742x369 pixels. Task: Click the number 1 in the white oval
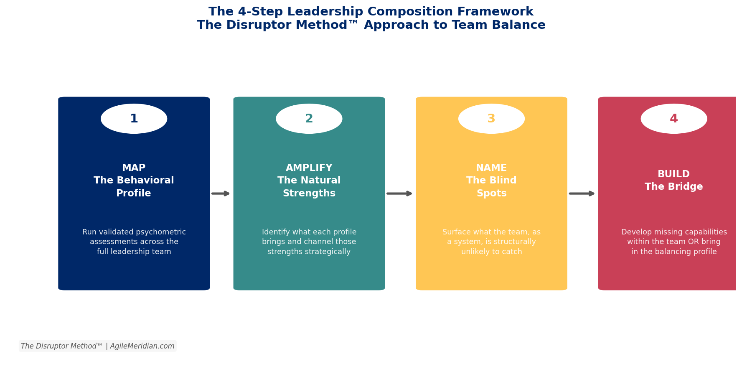(134, 119)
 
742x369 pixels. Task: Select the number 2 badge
(309, 119)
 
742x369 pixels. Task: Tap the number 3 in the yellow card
(491, 119)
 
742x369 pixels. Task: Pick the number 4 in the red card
(673, 119)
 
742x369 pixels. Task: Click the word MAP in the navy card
(134, 168)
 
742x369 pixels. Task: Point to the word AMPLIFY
(309, 168)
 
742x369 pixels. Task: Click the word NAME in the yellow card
(491, 168)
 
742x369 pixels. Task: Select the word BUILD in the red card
(673, 174)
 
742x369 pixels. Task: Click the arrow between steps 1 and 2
(221, 193)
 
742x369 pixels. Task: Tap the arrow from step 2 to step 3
(399, 193)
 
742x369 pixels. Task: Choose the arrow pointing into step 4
(582, 193)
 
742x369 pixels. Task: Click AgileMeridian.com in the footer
(142, 346)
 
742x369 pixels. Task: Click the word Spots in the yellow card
(491, 193)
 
